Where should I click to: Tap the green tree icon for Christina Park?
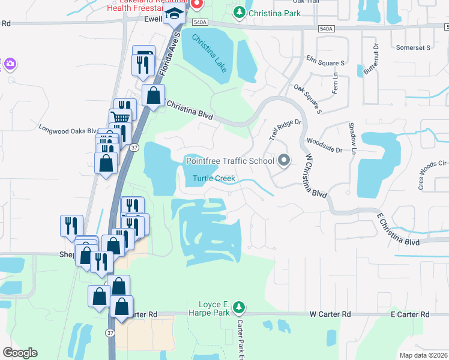click(x=240, y=12)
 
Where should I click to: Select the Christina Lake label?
click(x=209, y=53)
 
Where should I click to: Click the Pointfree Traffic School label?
click(x=230, y=160)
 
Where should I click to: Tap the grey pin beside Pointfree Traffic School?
click(x=285, y=160)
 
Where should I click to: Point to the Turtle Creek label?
click(x=214, y=179)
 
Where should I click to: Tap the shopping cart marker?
click(x=120, y=118)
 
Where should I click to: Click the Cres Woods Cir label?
click(x=433, y=175)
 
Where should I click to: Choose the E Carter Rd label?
click(x=410, y=314)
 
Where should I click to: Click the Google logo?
click(x=20, y=353)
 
